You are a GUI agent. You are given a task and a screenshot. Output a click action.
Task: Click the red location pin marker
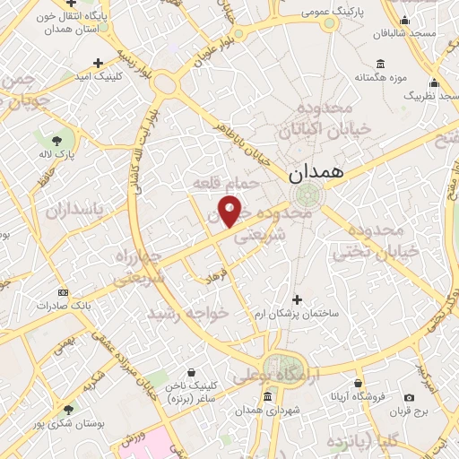click(230, 211)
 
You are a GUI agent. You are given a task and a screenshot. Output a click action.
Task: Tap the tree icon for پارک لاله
click(57, 140)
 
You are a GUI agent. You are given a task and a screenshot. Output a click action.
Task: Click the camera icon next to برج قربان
click(410, 397)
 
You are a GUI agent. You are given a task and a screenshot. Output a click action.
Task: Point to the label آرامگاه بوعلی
click(265, 377)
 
